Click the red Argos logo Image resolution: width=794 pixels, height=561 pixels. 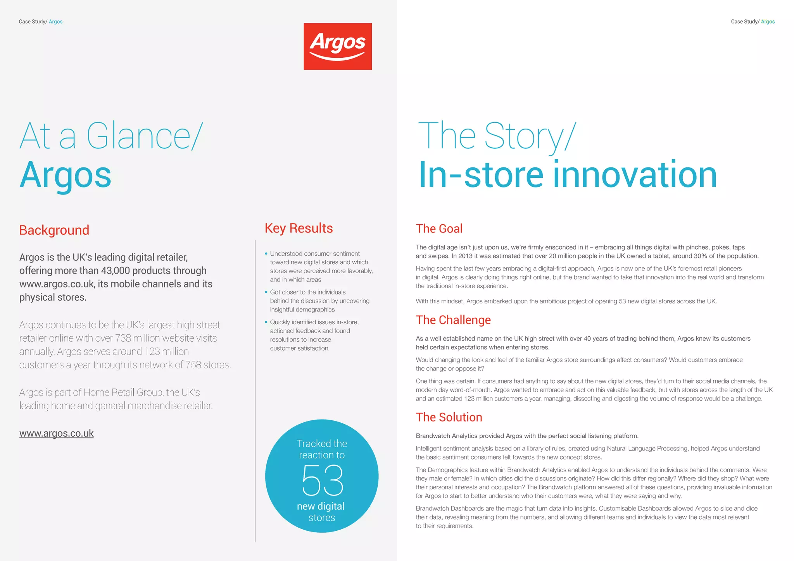[x=337, y=46]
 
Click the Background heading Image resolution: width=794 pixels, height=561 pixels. [x=54, y=230]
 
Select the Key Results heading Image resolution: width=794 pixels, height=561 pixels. [x=299, y=228]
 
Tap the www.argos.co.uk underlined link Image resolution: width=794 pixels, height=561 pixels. [x=57, y=433]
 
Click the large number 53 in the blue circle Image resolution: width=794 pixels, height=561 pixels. [x=323, y=480]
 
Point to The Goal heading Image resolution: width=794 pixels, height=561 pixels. [x=439, y=229]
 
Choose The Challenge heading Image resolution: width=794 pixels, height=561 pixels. [x=453, y=320]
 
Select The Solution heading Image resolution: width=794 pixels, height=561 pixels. [x=449, y=417]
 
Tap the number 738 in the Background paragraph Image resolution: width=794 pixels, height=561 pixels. [x=123, y=338]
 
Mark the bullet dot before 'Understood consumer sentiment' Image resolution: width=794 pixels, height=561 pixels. [x=266, y=254]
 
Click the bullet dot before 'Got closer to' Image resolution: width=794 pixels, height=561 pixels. [x=266, y=292]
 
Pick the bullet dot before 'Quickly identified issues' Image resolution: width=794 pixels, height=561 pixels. [x=266, y=322]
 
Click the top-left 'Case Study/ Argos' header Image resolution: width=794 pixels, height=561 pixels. [x=41, y=22]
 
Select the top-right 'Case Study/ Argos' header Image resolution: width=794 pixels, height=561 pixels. [x=753, y=22]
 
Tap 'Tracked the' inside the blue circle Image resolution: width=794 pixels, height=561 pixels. [x=322, y=444]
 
